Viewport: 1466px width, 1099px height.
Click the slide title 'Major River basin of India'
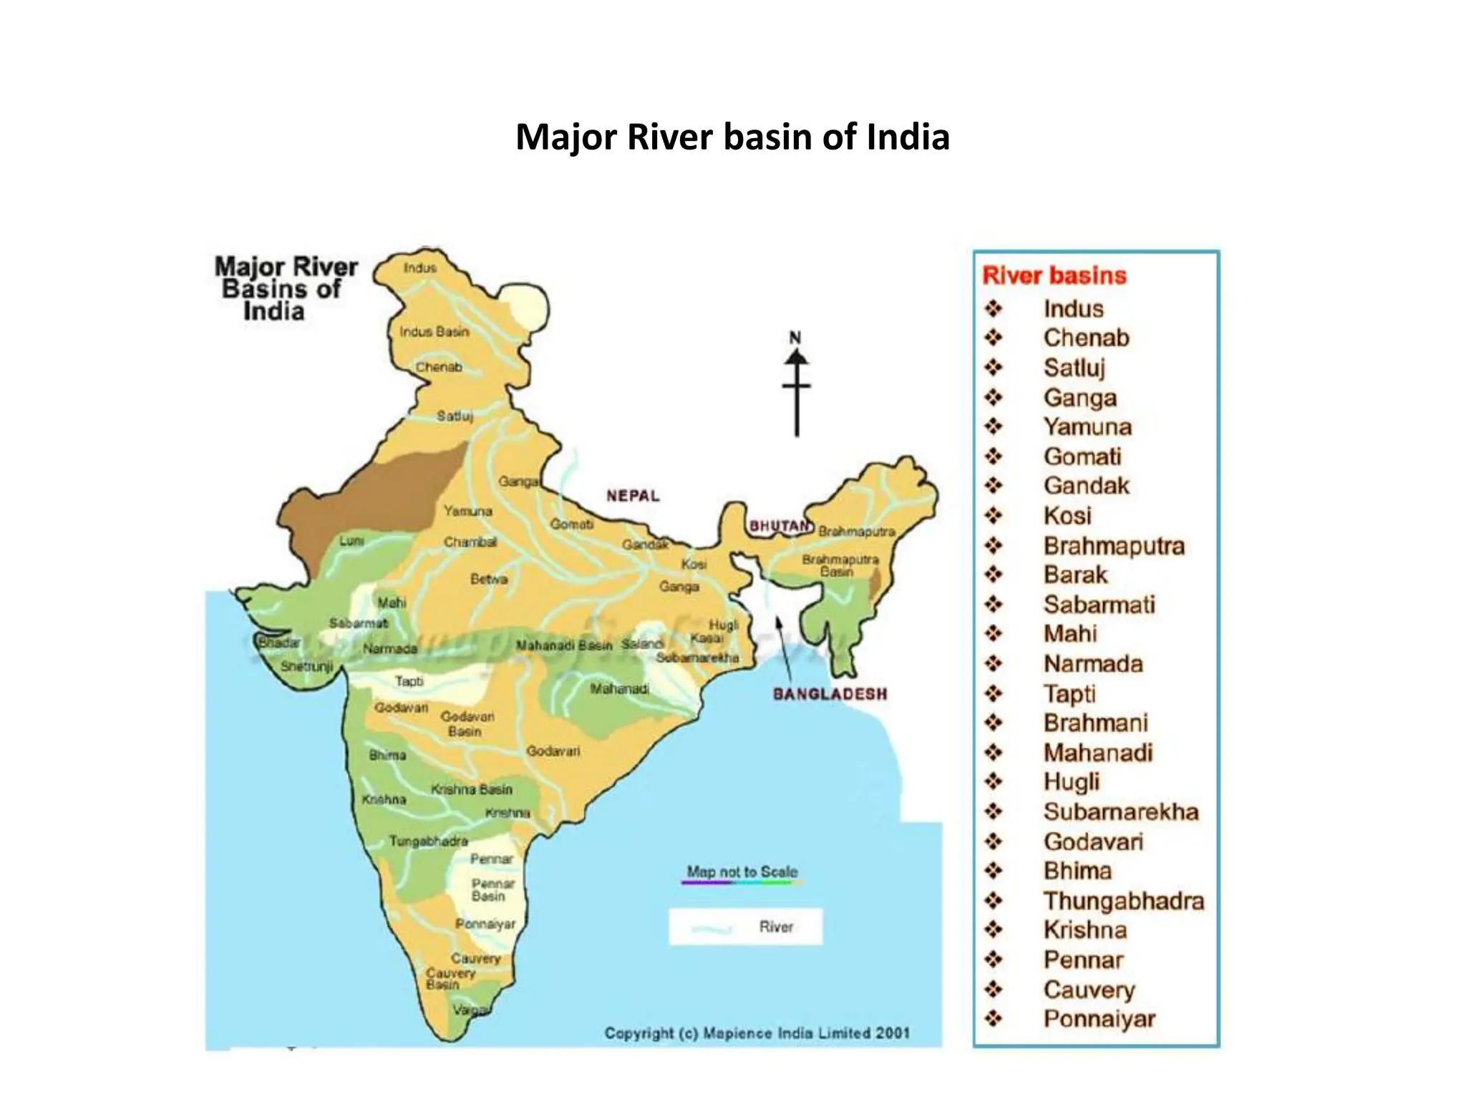pyautogui.click(x=732, y=137)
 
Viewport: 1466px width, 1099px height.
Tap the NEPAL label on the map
pyautogui.click(x=633, y=496)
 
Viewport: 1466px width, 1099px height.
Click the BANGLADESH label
pyautogui.click(x=830, y=694)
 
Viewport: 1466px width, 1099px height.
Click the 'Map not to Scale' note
pyautogui.click(x=742, y=872)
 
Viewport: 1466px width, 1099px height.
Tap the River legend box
pyautogui.click(x=745, y=927)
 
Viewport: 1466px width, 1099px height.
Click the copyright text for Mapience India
pyautogui.click(x=757, y=1033)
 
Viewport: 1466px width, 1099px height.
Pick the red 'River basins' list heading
pyautogui.click(x=1054, y=275)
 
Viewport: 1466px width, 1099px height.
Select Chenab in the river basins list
pyautogui.click(x=1086, y=338)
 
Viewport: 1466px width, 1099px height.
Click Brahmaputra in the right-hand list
pyautogui.click(x=1114, y=546)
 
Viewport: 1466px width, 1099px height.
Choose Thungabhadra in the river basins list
pyautogui.click(x=1123, y=901)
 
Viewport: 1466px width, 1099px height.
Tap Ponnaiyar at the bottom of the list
pyautogui.click(x=1099, y=1019)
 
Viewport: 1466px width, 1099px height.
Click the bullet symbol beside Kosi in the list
pyautogui.click(x=994, y=515)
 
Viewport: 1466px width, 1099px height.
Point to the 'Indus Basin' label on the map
pyautogui.click(x=434, y=332)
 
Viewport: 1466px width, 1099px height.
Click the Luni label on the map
pyautogui.click(x=351, y=541)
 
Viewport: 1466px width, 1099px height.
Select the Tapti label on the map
pyautogui.click(x=409, y=681)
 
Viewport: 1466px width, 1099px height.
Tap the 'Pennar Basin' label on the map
pyautogui.click(x=492, y=890)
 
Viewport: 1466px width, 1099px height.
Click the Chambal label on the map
pyautogui.click(x=470, y=542)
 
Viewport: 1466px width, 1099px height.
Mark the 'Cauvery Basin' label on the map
pyautogui.click(x=450, y=979)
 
